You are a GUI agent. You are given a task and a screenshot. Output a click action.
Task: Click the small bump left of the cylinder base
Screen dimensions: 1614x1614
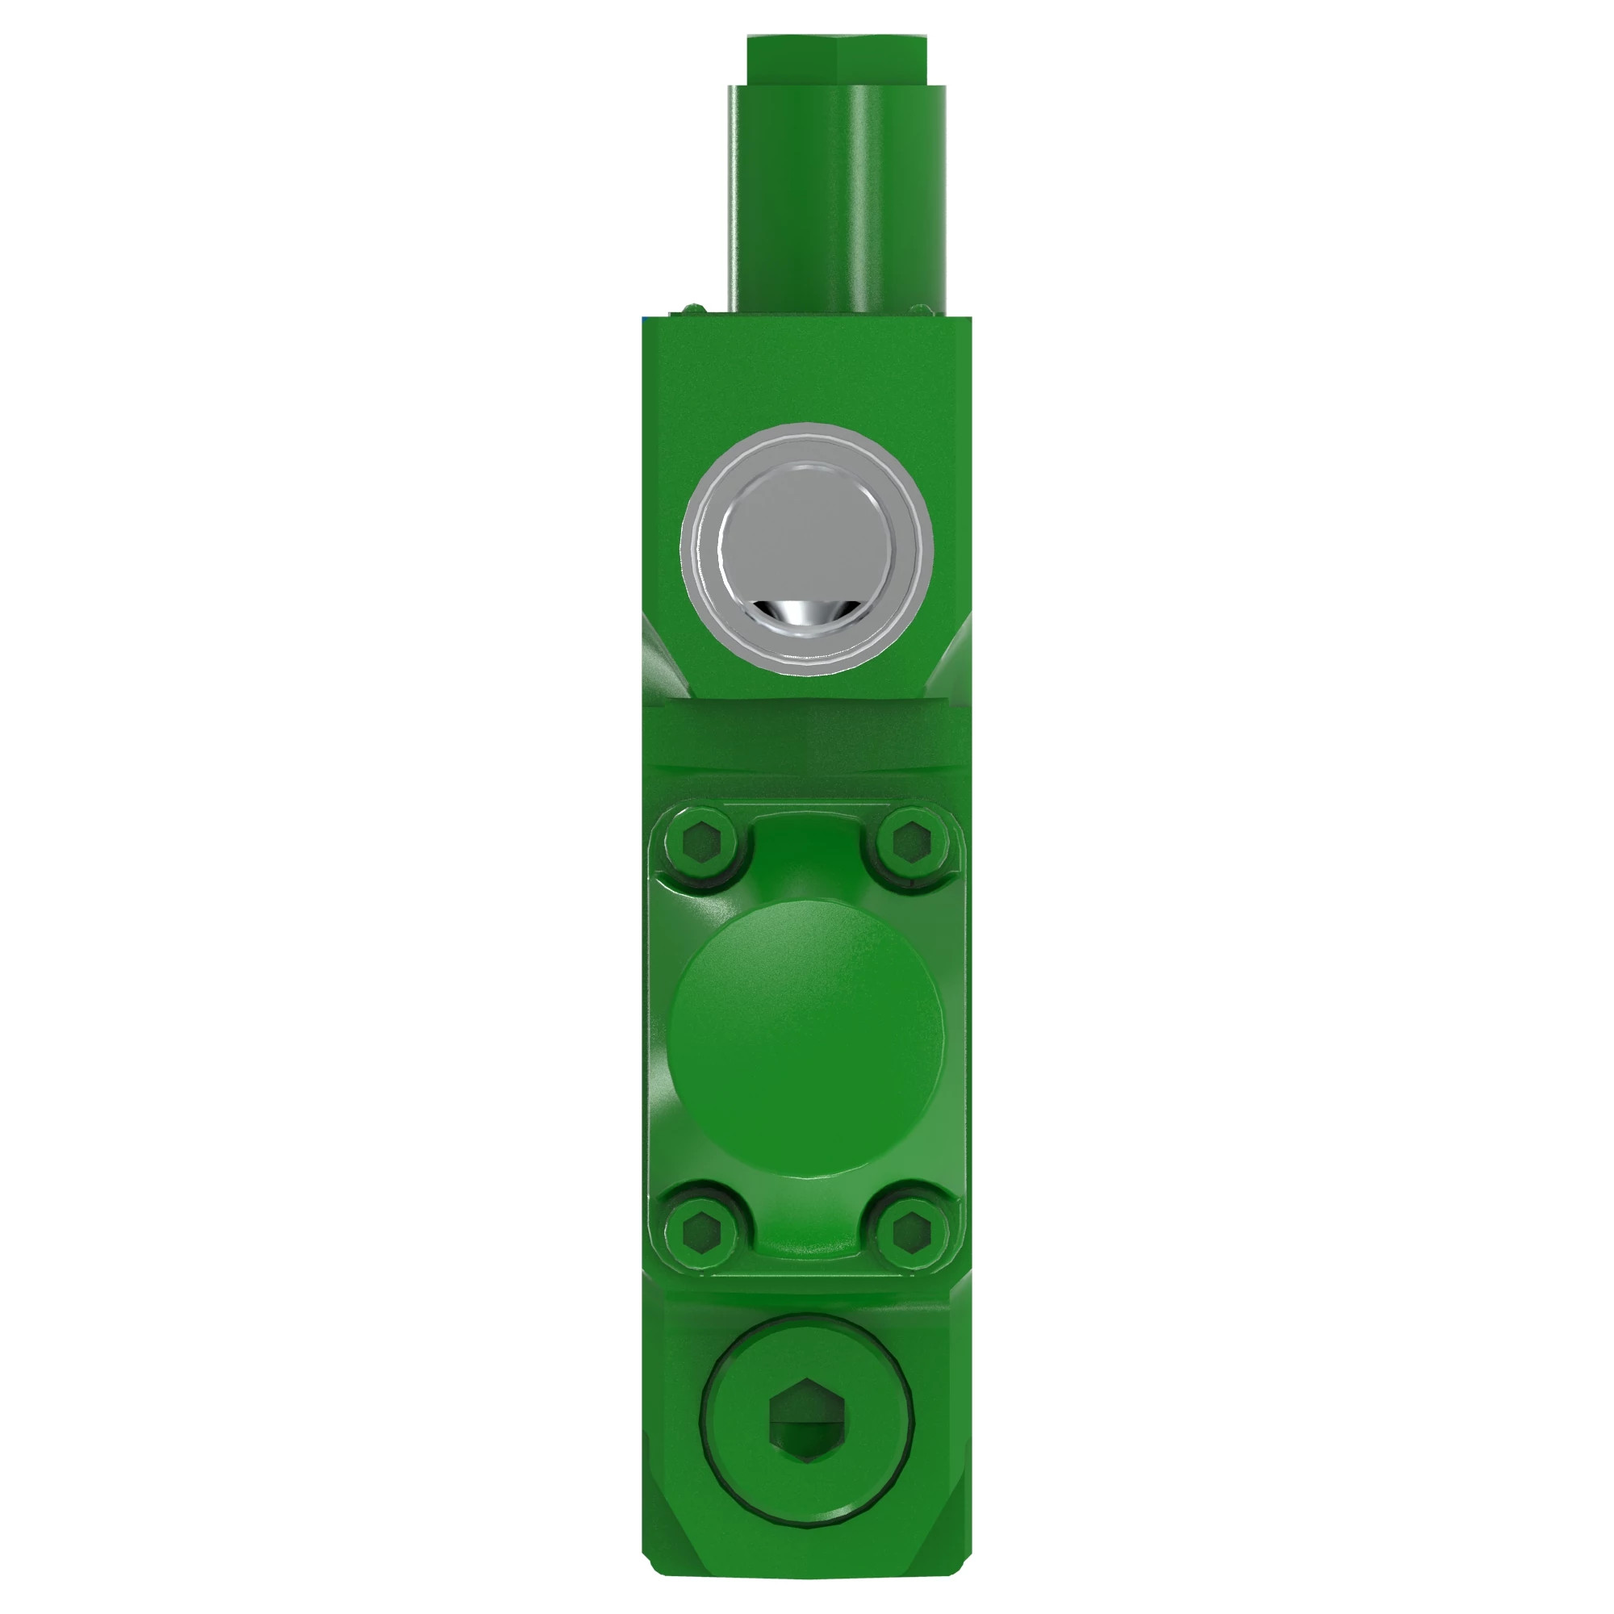coord(692,309)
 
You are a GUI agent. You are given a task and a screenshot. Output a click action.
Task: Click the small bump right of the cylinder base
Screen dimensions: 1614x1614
coord(920,309)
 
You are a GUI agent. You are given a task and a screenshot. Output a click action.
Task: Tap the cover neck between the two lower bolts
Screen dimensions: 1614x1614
coord(805,1224)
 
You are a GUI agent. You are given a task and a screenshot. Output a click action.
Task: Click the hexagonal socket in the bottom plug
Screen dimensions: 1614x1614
coord(805,1420)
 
